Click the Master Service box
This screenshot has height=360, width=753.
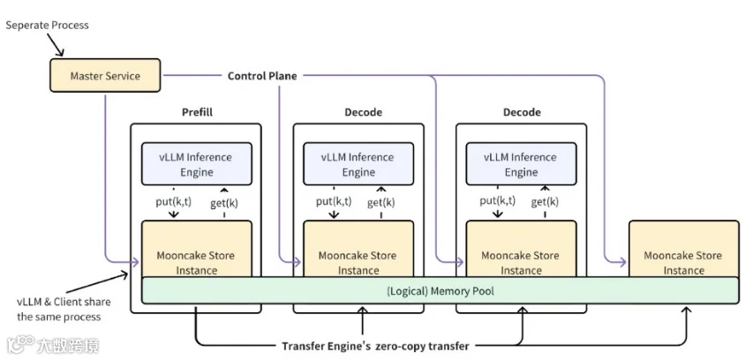(x=105, y=75)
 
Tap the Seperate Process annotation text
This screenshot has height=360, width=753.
(x=47, y=26)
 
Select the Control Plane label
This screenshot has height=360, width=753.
(x=262, y=76)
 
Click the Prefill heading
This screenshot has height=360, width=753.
(x=197, y=112)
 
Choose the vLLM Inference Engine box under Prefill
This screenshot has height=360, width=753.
(x=196, y=164)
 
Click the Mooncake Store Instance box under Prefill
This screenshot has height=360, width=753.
(x=196, y=249)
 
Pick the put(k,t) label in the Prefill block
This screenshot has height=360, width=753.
(x=173, y=202)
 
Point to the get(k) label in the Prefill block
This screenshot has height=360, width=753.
(x=224, y=203)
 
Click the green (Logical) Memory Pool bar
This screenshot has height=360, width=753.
(x=440, y=290)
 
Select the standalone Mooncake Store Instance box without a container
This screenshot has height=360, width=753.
(x=684, y=249)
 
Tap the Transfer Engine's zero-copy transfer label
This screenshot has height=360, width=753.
(x=375, y=346)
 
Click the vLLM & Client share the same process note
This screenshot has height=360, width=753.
(x=64, y=310)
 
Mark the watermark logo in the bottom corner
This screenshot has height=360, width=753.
(x=53, y=345)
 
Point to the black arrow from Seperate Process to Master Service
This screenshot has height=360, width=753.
(x=56, y=46)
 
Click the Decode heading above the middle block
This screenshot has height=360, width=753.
(x=364, y=112)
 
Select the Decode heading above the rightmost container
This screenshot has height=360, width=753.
(x=522, y=112)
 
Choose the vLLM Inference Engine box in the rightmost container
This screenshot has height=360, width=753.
(x=521, y=164)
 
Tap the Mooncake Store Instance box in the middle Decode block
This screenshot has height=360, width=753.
(x=358, y=249)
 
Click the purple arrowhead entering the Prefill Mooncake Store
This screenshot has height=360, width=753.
(x=135, y=262)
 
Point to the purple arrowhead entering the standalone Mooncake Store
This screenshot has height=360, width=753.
(x=622, y=262)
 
